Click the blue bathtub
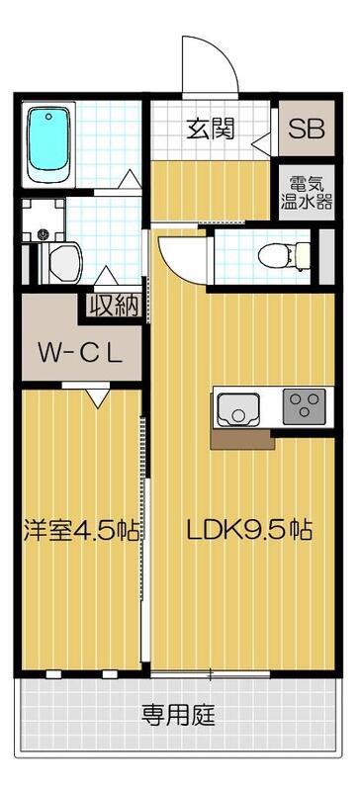49,145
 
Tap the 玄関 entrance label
211,130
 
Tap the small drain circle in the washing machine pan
43,234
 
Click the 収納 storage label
113,306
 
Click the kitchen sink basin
238,406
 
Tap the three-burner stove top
305,405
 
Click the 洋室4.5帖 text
81,530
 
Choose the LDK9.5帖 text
250,530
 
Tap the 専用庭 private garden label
178,712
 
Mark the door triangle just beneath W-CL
97,396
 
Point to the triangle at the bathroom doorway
128,179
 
